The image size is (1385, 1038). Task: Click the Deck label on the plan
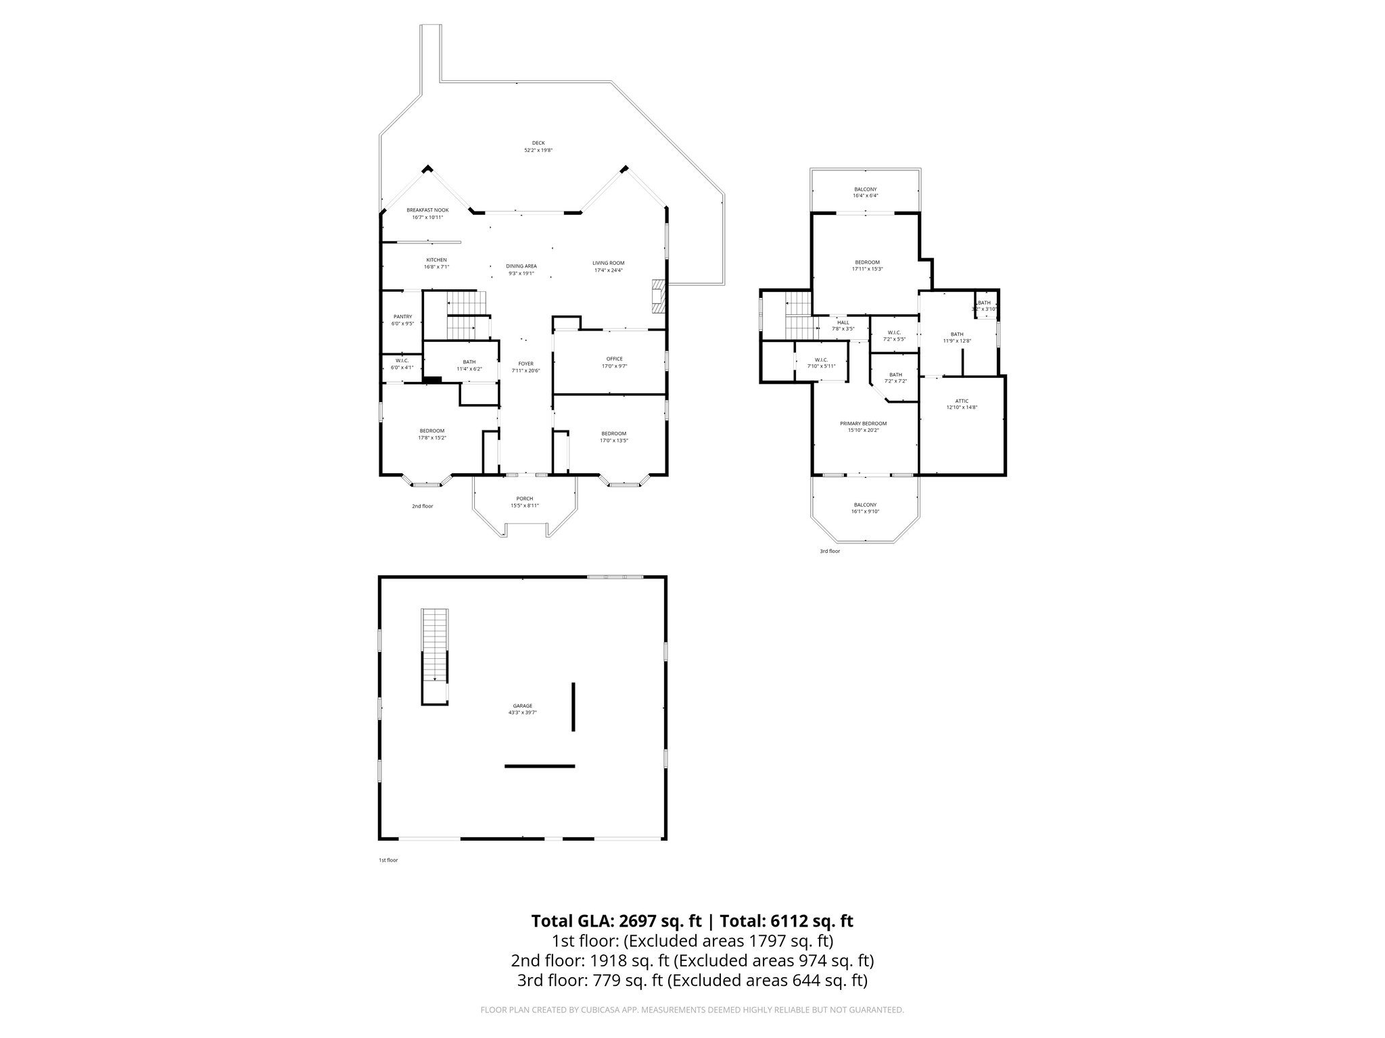click(x=538, y=143)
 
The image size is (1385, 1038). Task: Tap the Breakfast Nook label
click(x=427, y=210)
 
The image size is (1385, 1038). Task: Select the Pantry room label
click(x=402, y=316)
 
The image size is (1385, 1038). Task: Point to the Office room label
click(x=614, y=359)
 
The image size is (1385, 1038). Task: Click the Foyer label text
click(x=525, y=364)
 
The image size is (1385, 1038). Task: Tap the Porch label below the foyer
click(x=524, y=499)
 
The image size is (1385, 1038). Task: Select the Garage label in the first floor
click(x=522, y=706)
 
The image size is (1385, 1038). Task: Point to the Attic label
click(x=962, y=401)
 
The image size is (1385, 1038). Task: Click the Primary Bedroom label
click(x=863, y=424)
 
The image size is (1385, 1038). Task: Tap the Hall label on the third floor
click(x=843, y=322)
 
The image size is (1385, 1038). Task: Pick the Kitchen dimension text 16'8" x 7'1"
click(x=436, y=267)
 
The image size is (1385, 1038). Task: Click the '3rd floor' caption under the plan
click(x=830, y=551)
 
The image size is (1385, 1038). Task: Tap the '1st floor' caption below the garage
click(x=388, y=860)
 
